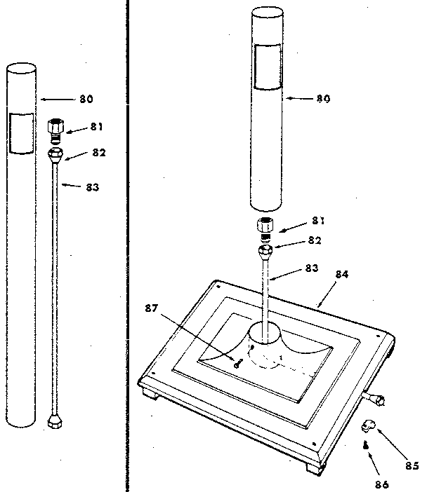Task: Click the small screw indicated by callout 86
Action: [366, 446]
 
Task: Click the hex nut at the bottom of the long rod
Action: [53, 423]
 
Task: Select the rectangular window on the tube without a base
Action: [21, 132]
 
